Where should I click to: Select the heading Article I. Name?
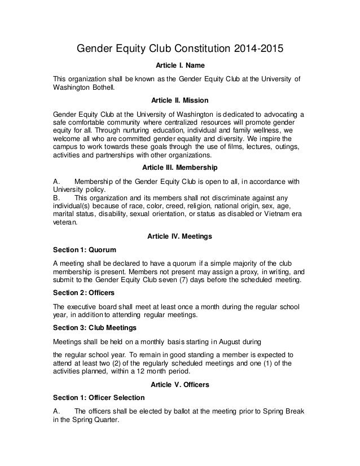point(180,65)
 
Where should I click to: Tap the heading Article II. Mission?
point(180,100)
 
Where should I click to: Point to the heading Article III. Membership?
point(180,168)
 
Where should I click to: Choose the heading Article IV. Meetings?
point(180,236)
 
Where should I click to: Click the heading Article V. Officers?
point(180,384)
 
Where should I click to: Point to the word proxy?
point(232,274)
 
